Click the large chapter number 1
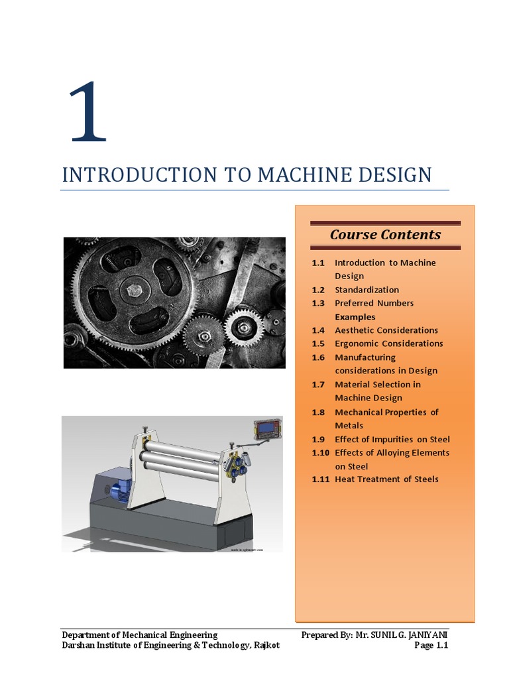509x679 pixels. pyautogui.click(x=87, y=112)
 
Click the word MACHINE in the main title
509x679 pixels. pyautogui.click(x=300, y=175)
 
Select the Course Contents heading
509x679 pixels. pyautogui.click(x=385, y=234)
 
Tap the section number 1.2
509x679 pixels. pyautogui.click(x=318, y=290)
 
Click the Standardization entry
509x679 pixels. pyautogui.click(x=367, y=290)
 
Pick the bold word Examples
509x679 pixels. pyautogui.click(x=355, y=317)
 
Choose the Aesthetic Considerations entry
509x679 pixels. pyautogui.click(x=386, y=330)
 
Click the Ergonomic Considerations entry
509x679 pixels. pyautogui.click(x=388, y=343)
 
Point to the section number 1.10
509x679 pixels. pyautogui.click(x=320, y=453)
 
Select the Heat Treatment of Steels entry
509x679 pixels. pyautogui.click(x=386, y=479)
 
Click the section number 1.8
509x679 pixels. pyautogui.click(x=318, y=412)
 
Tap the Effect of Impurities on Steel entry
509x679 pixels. pyautogui.click(x=392, y=440)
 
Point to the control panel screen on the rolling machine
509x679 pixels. pyautogui.click(x=267, y=429)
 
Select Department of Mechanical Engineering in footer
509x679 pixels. pyautogui.click(x=139, y=635)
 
